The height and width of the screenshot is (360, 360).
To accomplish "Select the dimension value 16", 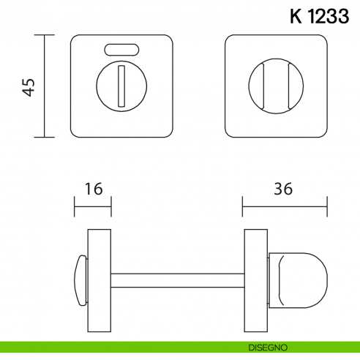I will click(93, 188).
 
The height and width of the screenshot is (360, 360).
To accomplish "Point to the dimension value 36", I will click(284, 188).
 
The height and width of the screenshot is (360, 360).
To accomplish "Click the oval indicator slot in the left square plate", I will click(122, 50).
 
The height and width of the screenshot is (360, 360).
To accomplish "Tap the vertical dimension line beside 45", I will click(45, 86).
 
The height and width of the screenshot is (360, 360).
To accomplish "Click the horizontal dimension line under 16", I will click(93, 206).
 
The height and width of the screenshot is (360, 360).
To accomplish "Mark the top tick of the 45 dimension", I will click(45, 35).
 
